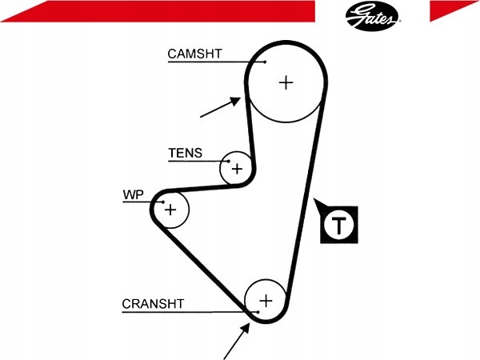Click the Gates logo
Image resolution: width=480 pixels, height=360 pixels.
click(x=373, y=16)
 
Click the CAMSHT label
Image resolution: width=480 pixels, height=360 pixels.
click(x=194, y=54)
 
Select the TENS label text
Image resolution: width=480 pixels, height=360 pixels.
click(x=186, y=153)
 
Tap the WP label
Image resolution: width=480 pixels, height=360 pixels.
click(x=133, y=194)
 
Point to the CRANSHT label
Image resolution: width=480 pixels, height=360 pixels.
click(x=153, y=304)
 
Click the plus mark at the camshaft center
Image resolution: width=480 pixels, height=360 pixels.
click(x=286, y=82)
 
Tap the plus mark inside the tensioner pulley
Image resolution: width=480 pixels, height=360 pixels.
click(x=238, y=169)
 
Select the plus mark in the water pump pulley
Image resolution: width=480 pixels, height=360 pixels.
click(x=170, y=210)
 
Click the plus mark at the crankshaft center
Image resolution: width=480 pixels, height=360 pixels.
click(x=266, y=301)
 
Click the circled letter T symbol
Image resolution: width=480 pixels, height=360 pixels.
click(x=339, y=225)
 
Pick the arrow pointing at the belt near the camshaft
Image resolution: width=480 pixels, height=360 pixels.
click(x=221, y=107)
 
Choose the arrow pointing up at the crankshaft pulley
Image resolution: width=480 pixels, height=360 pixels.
click(x=237, y=341)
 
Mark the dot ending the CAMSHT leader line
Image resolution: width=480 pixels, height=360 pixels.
click(x=265, y=62)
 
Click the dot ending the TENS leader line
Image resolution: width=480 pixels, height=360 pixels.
click(x=228, y=161)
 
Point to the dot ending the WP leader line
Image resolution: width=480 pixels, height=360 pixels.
click(x=163, y=202)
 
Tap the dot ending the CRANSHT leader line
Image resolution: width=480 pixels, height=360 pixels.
click(x=258, y=312)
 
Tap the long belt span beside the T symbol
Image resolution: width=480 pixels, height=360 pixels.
click(x=306, y=196)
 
